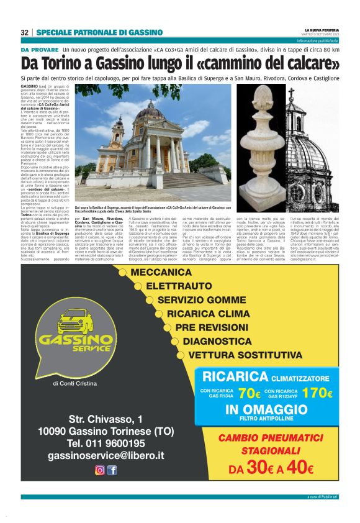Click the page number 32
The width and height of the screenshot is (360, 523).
pyautogui.click(x=24, y=32)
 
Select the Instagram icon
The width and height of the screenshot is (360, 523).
pyautogui.click(x=99, y=470)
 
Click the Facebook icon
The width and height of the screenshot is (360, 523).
pyautogui.click(x=112, y=470)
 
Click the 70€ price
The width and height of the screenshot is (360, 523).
pyautogui.click(x=249, y=393)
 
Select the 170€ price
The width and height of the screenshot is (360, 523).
pyautogui.click(x=317, y=393)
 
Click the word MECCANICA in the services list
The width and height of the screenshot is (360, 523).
pyautogui.click(x=161, y=273)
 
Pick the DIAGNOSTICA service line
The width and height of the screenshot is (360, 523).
pyautogui.click(x=217, y=342)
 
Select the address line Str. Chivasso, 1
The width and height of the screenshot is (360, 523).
pyautogui.click(x=106, y=418)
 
